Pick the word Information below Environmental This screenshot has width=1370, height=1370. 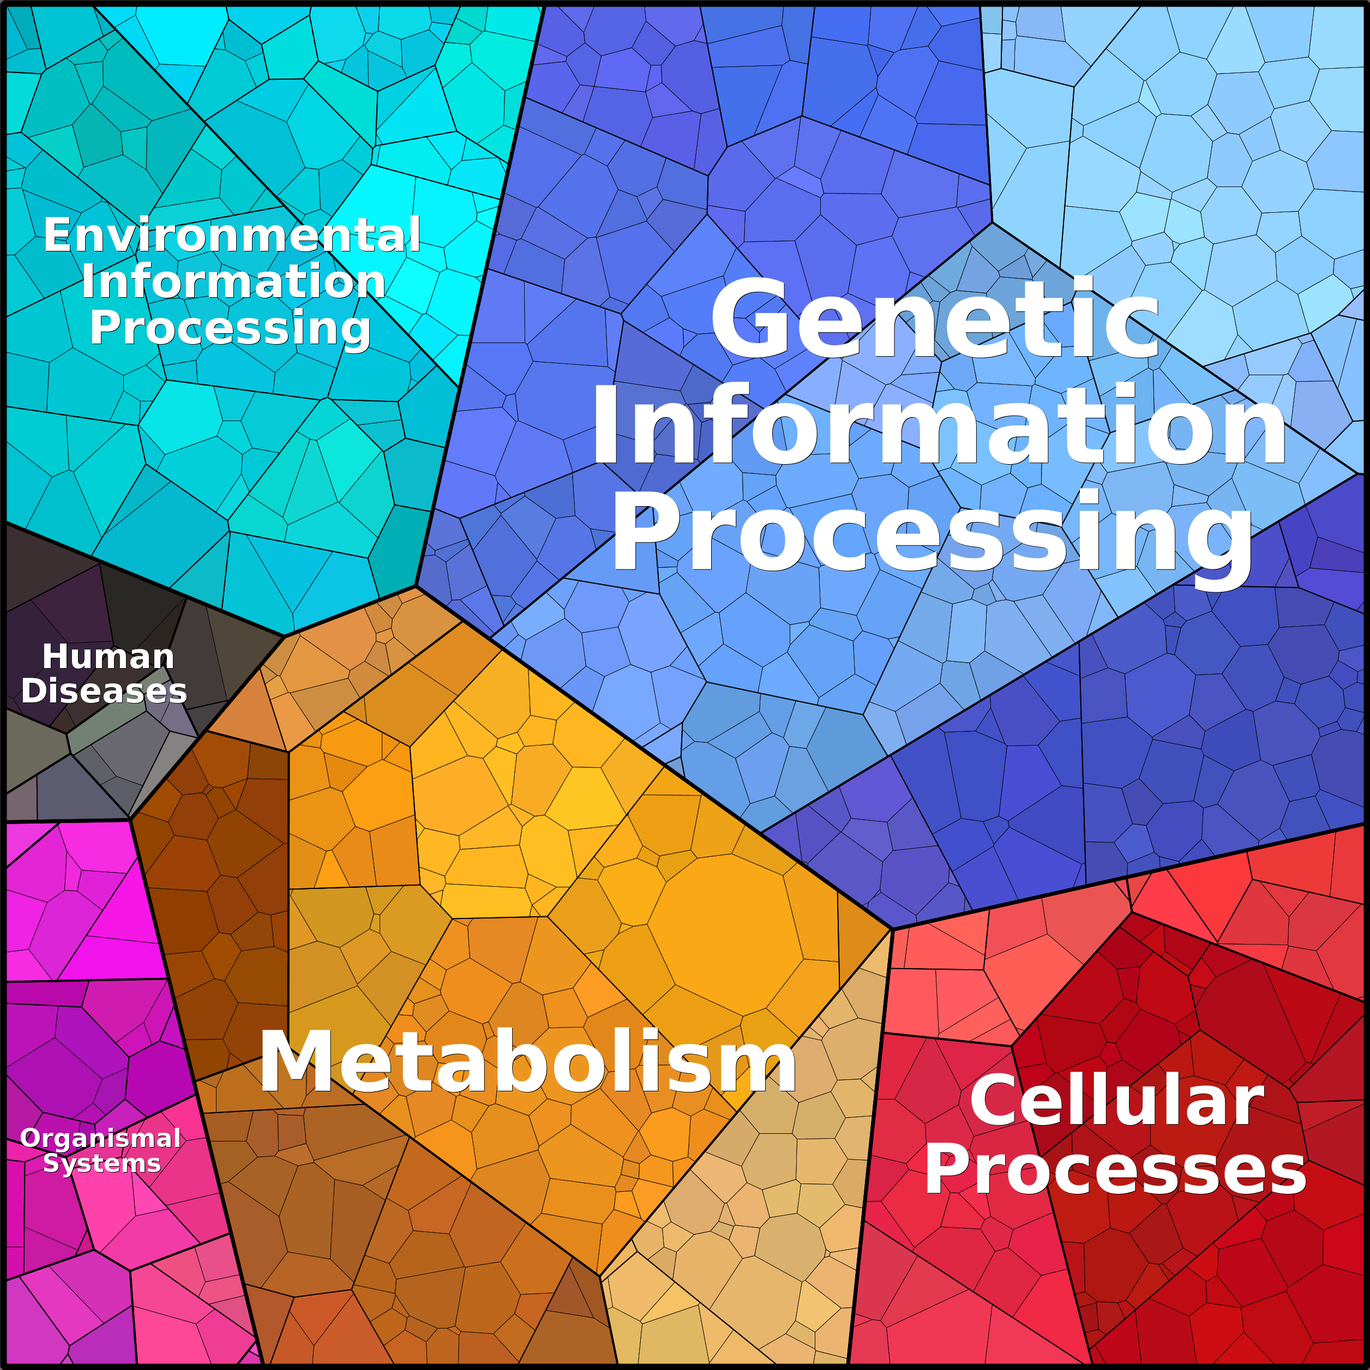(233, 281)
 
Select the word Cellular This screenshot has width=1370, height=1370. (1117, 1100)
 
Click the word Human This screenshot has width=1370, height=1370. (108, 656)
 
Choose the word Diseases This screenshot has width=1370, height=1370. (104, 690)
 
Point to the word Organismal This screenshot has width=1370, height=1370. (101, 1138)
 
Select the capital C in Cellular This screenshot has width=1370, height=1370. (995, 1100)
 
